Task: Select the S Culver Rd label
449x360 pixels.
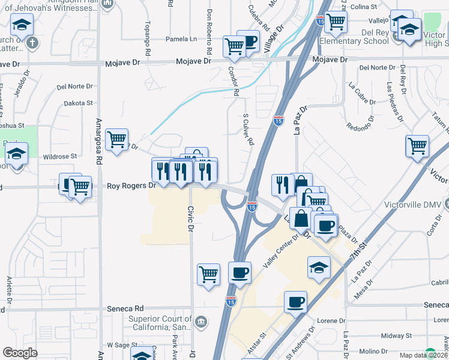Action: tap(247, 130)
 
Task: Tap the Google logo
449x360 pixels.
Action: tap(20, 353)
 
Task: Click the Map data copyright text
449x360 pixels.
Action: tap(424, 355)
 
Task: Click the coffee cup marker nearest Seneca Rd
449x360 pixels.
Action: tap(295, 302)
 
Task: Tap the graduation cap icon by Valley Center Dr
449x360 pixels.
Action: tap(319, 267)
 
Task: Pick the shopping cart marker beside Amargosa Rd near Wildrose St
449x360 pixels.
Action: tap(117, 140)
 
